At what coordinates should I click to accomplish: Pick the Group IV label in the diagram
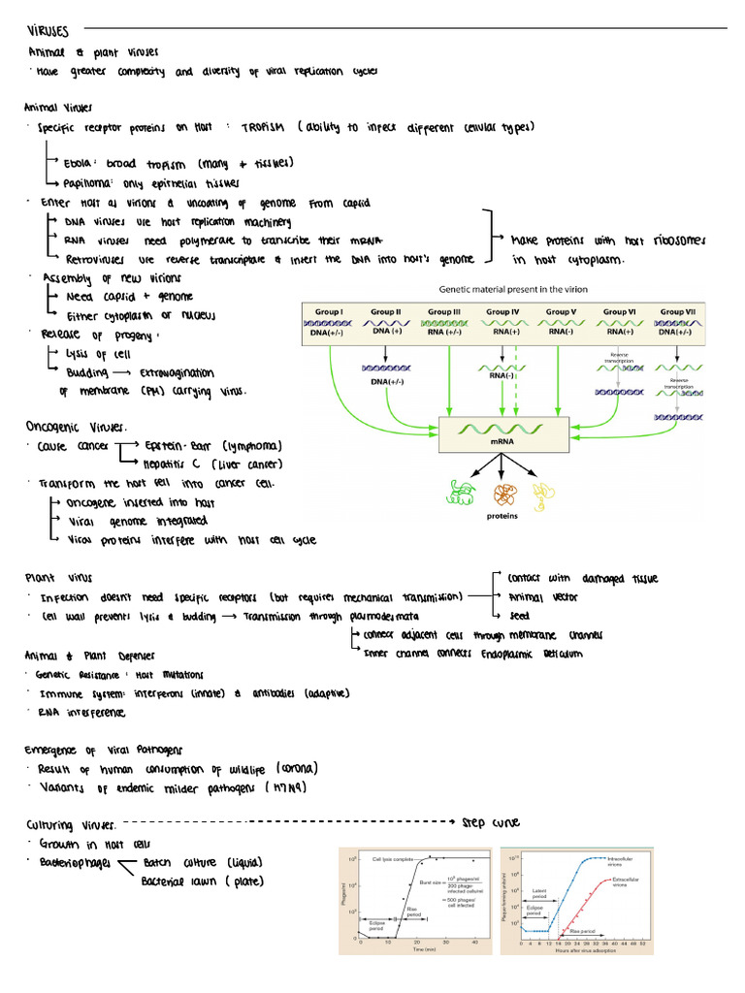tap(502, 312)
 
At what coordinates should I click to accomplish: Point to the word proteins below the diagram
tap(502, 517)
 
